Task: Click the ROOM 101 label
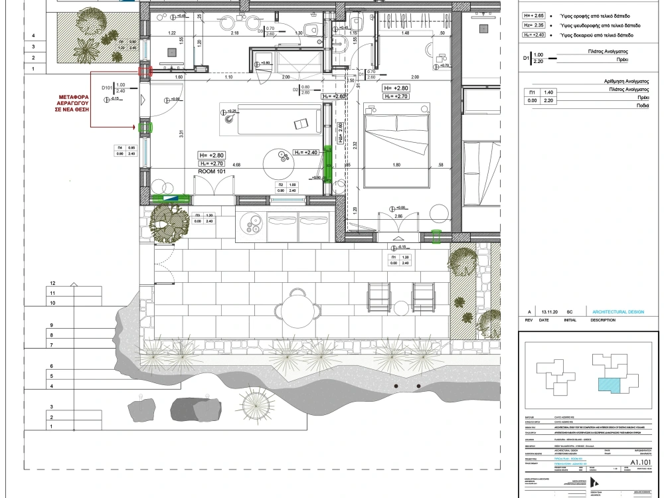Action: [213, 171]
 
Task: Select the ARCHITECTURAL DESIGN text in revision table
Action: [613, 311]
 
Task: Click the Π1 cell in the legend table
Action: [531, 92]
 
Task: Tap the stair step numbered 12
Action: [52, 283]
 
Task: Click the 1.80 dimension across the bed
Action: [397, 165]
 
